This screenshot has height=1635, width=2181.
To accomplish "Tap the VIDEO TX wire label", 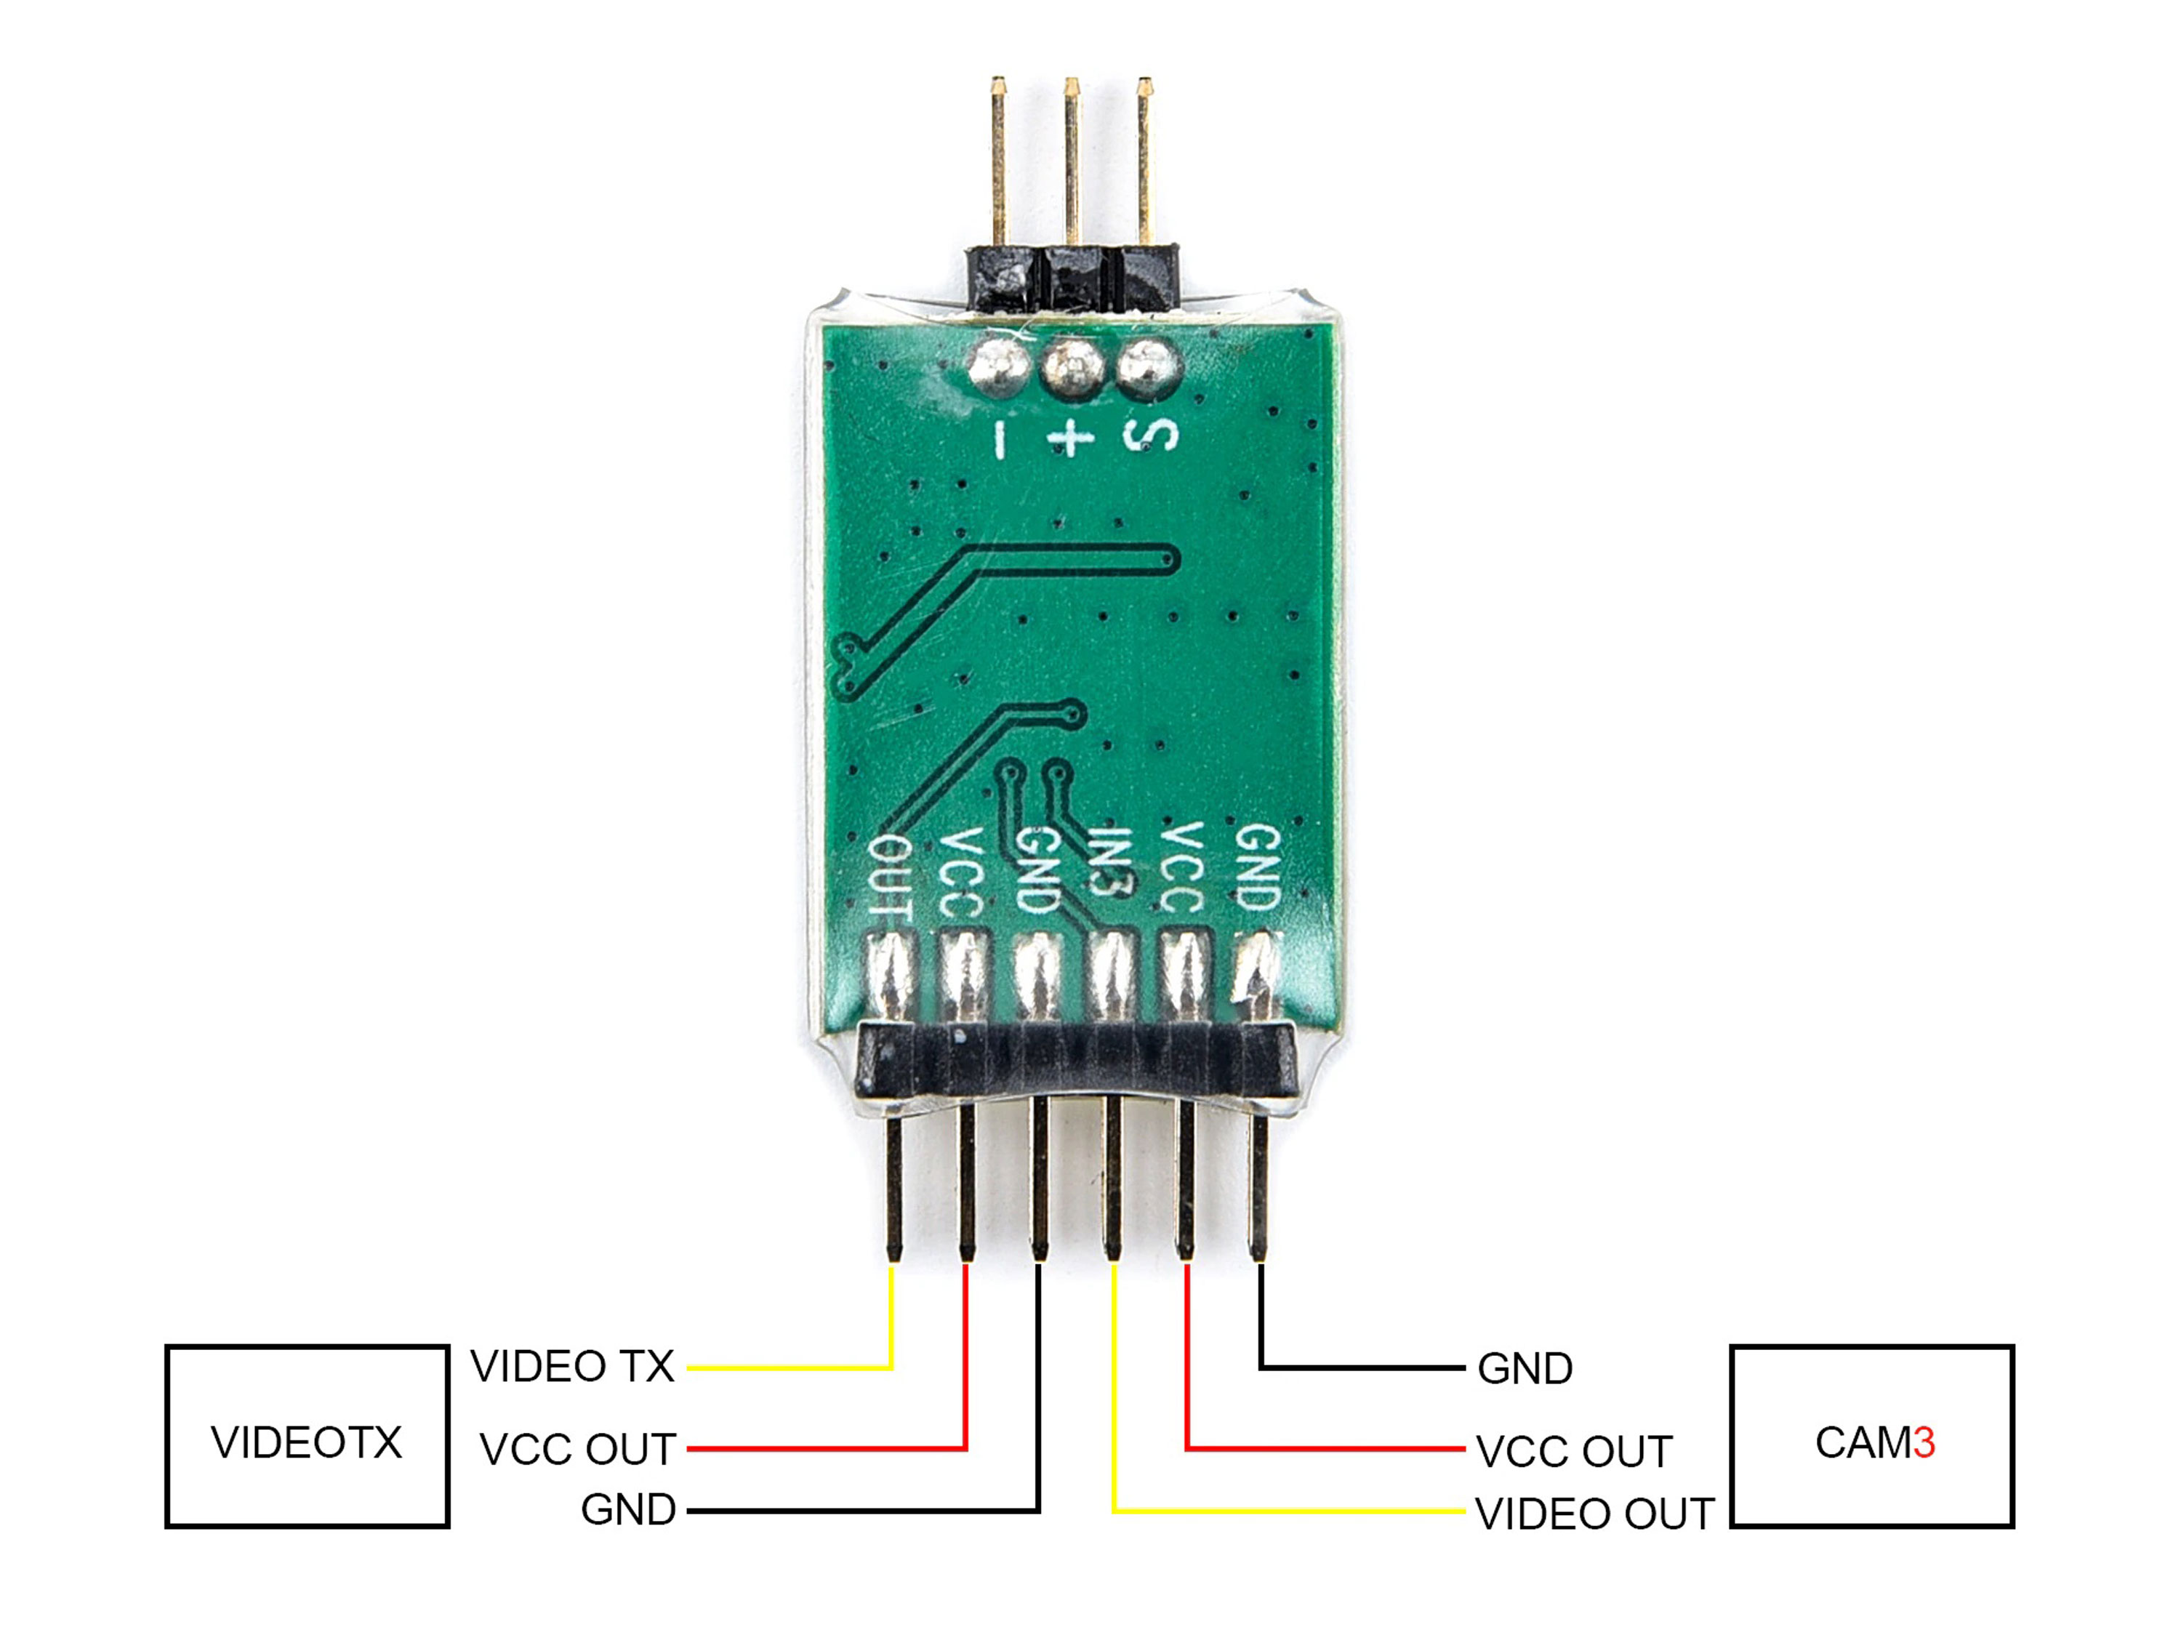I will [572, 1366].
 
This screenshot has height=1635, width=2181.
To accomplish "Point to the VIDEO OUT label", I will [1594, 1514].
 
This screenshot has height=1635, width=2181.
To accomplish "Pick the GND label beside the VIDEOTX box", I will [628, 1509].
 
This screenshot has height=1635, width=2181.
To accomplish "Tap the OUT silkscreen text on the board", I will [891, 877].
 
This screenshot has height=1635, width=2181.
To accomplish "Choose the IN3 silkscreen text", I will [1110, 860].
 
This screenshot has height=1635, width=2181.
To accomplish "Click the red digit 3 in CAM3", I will [1924, 1442].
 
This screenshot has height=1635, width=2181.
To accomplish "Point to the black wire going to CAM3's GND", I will [1361, 1367].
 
